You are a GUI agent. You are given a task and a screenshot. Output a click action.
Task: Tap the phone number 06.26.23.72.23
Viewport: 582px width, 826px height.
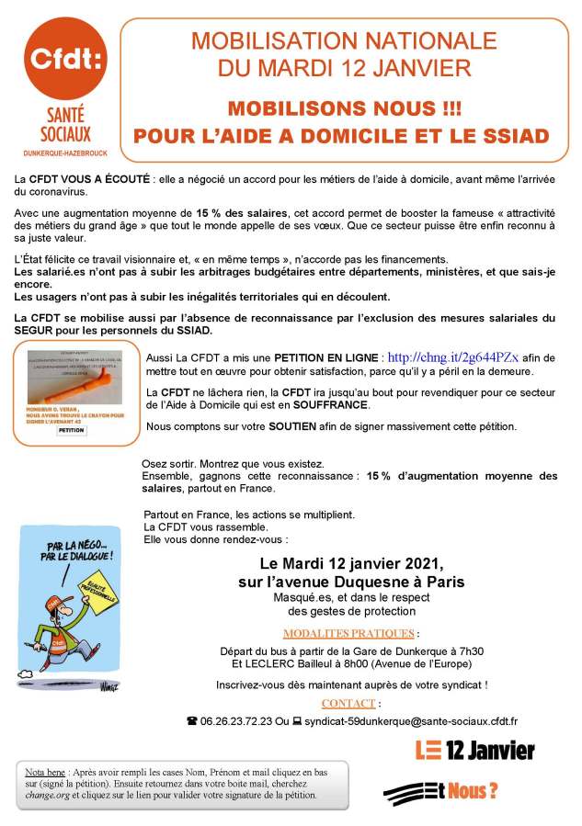point(239,722)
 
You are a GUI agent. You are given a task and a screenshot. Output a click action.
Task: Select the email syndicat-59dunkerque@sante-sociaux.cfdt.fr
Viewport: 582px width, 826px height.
point(423,722)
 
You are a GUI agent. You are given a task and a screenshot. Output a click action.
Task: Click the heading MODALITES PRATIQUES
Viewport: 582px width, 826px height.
point(348,633)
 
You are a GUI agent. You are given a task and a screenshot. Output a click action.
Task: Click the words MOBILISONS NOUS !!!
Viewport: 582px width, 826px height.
point(344,107)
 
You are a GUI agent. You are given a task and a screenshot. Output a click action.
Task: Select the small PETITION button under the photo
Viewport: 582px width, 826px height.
point(70,429)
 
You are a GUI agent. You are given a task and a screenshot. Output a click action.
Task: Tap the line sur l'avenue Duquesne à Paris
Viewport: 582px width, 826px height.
point(348,582)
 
